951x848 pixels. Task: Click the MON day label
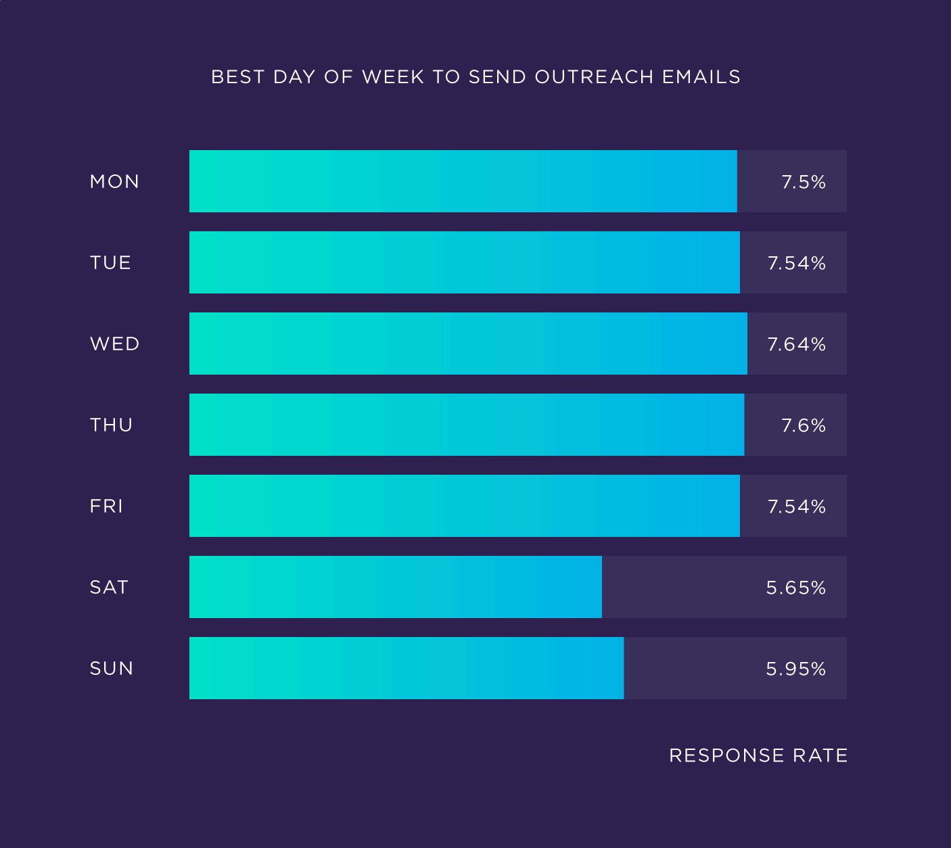tap(114, 181)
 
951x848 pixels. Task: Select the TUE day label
tap(110, 262)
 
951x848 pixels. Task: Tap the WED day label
tap(114, 344)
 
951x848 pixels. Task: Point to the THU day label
tap(111, 425)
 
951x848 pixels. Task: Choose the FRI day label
tap(106, 506)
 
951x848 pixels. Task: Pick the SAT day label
tap(109, 587)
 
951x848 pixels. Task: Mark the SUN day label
tap(111, 668)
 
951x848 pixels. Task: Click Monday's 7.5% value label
tap(804, 182)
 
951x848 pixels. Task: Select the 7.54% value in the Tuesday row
tap(796, 263)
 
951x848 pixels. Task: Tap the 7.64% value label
tap(796, 344)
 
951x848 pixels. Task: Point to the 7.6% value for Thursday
tap(804, 425)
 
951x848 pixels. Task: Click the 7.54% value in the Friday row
tap(796, 507)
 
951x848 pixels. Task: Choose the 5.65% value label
tap(795, 588)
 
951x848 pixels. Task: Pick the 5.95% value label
tap(795, 669)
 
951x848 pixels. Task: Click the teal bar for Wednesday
tap(468, 344)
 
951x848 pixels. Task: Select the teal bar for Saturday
tap(396, 587)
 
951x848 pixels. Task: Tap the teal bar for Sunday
tap(407, 668)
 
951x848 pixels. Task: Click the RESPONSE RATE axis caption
tap(758, 755)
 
